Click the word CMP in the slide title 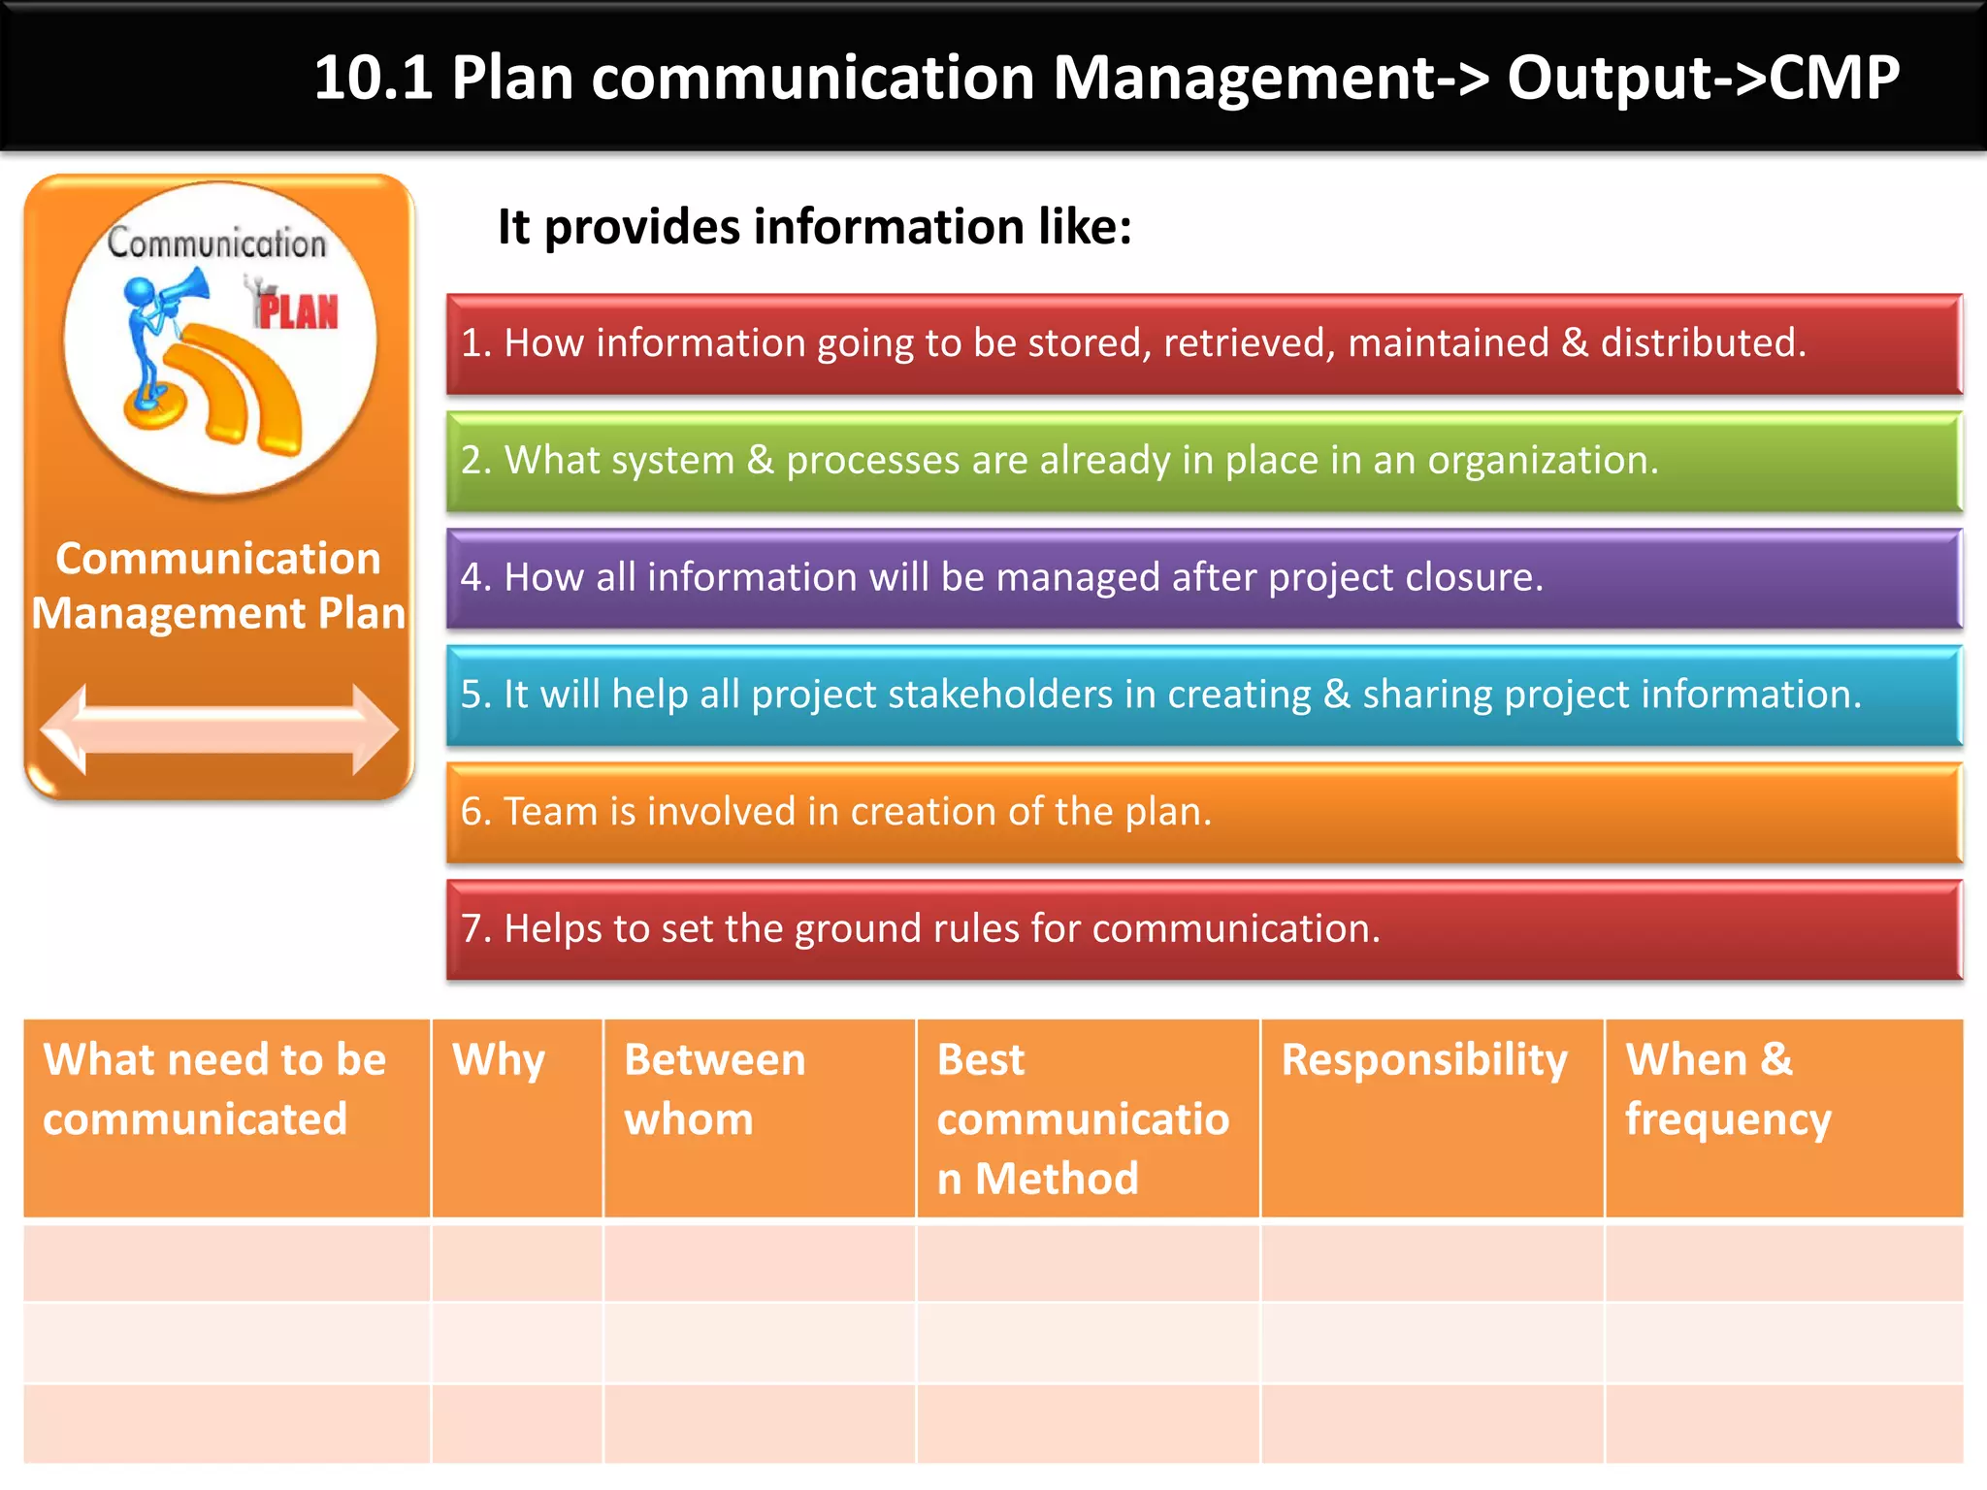pos(1834,78)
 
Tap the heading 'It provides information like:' pos(814,227)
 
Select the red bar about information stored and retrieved pos(1203,344)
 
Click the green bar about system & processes pos(1203,462)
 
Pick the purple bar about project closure pos(1203,578)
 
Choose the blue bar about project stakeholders pos(1203,696)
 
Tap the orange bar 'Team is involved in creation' pos(1203,813)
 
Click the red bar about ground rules pos(1203,929)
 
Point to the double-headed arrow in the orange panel pos(219,729)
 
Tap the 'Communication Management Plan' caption pos(219,586)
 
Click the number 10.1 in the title pos(373,78)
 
